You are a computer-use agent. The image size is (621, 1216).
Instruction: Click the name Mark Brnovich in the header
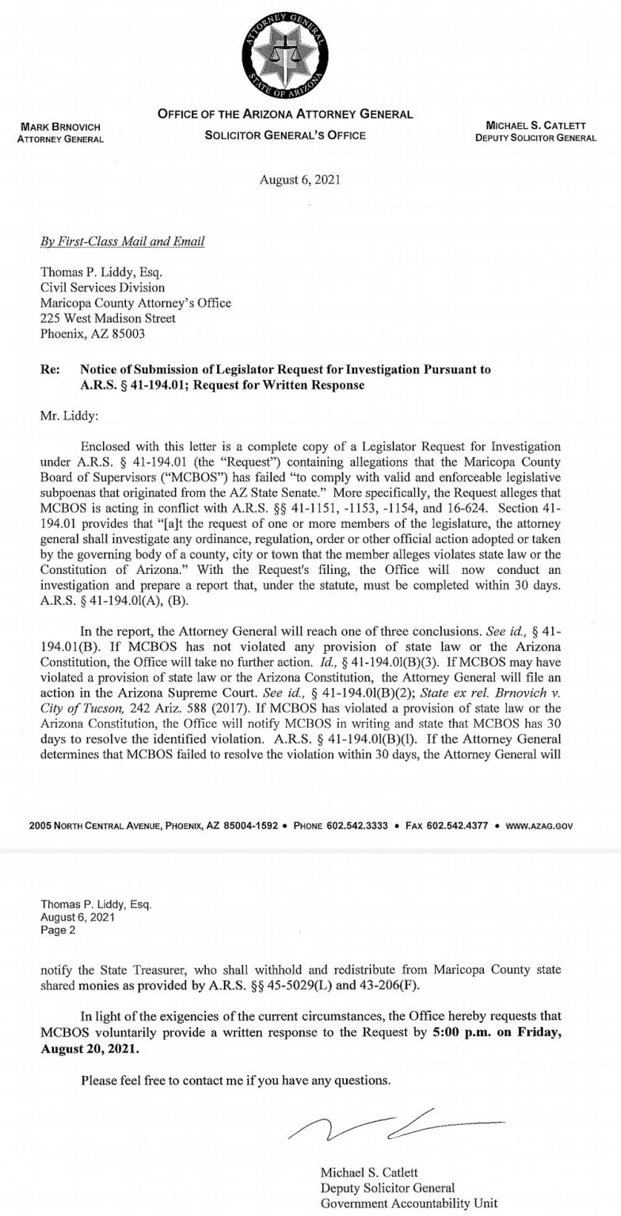pyautogui.click(x=60, y=127)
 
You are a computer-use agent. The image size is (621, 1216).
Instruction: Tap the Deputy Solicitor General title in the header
pyautogui.click(x=535, y=138)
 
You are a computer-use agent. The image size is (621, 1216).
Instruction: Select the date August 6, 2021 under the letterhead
pyautogui.click(x=299, y=180)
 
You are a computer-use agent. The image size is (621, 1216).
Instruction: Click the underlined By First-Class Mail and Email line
pyautogui.click(x=122, y=241)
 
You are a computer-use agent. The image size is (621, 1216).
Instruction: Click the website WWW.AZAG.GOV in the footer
pyautogui.click(x=539, y=825)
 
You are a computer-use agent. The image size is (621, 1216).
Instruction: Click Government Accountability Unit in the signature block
pyautogui.click(x=409, y=1203)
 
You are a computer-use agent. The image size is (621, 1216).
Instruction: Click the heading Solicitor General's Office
pyautogui.click(x=285, y=135)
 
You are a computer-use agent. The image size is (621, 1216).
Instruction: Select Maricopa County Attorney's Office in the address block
pyautogui.click(x=135, y=303)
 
